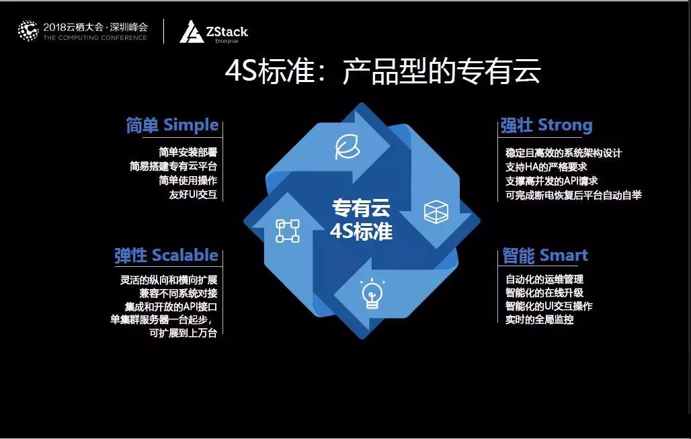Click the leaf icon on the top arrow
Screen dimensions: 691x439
(x=348, y=147)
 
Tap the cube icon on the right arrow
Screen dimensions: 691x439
(x=436, y=212)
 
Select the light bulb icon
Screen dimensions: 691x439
(x=372, y=293)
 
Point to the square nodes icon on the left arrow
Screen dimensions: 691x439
(x=287, y=231)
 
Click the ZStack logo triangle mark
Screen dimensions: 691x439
(x=191, y=32)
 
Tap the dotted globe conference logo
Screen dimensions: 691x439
(x=28, y=31)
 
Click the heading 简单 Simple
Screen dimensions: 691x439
(x=172, y=125)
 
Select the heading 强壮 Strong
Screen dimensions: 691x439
(x=546, y=125)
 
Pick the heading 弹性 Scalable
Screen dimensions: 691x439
(x=166, y=255)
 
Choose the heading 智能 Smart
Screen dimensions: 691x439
(x=546, y=255)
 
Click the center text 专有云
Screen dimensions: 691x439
(x=361, y=208)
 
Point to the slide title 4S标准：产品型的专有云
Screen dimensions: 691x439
(x=382, y=71)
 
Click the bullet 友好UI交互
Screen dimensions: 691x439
(x=193, y=194)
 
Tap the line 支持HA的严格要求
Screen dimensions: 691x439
(x=546, y=167)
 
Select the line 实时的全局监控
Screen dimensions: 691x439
(x=539, y=319)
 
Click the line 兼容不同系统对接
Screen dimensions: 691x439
(x=179, y=294)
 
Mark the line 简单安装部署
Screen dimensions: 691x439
(x=188, y=153)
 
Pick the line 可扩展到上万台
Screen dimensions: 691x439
(x=184, y=333)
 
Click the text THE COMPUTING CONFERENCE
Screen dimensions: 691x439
(x=95, y=38)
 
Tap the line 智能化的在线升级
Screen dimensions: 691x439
(x=544, y=292)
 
